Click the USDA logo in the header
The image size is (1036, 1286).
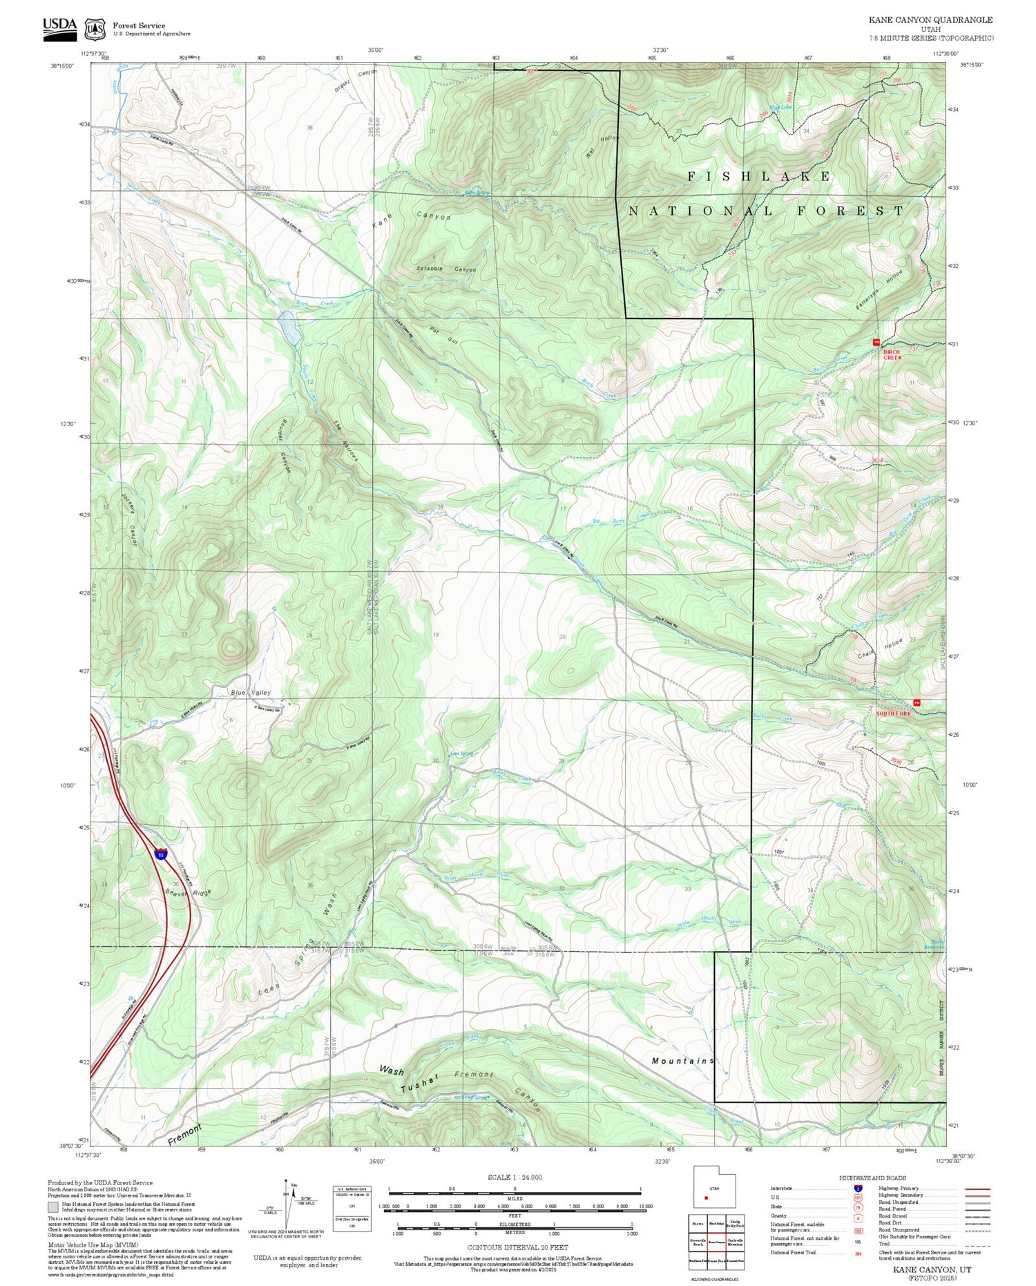(59, 28)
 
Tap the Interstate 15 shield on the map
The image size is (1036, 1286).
(160, 854)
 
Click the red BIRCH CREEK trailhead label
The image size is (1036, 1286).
(892, 354)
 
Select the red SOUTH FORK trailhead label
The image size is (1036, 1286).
(894, 713)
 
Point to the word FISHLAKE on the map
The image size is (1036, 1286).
(759, 177)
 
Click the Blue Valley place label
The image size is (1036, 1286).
(251, 692)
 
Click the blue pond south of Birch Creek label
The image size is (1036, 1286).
(289, 328)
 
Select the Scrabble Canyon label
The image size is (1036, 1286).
(446, 269)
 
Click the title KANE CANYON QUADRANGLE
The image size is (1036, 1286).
(930, 20)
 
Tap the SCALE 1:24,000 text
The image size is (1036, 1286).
(515, 1177)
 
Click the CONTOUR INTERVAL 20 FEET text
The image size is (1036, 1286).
(517, 1247)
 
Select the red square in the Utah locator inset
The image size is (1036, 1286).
(706, 1198)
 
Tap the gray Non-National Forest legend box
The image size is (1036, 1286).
(53, 1207)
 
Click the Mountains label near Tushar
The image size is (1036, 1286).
(682, 1060)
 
